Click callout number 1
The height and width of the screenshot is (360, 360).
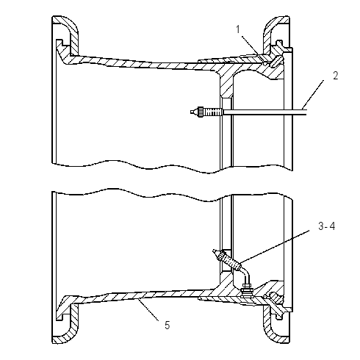point(238,29)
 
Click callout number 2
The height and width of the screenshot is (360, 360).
point(336,76)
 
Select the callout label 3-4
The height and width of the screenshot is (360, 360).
point(327,226)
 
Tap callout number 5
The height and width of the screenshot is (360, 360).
point(168,325)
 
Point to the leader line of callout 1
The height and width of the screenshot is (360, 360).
point(254,50)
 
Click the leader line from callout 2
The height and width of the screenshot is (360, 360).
point(313,95)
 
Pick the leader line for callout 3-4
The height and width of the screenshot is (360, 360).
point(274,247)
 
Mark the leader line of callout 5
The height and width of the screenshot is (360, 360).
point(148,309)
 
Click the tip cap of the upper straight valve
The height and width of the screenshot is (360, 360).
point(193,112)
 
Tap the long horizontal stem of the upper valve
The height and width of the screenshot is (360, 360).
point(265,112)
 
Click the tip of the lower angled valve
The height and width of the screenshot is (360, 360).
point(215,252)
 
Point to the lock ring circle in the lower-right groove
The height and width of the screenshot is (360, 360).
point(265,297)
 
